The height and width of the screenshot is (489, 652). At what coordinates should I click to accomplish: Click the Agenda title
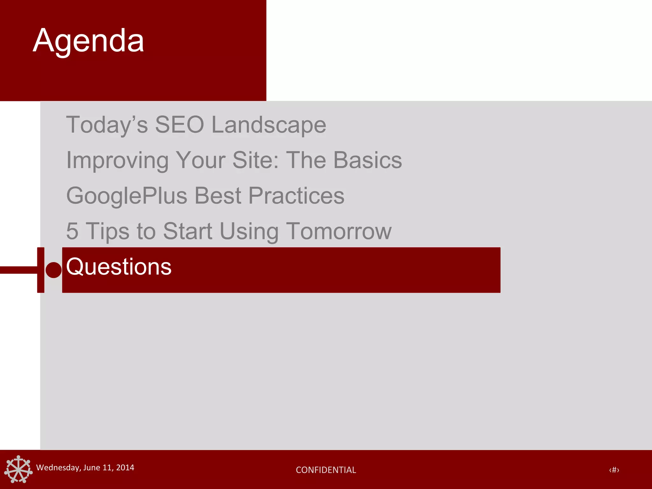(89, 41)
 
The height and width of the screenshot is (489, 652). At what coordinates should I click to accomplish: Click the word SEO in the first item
(179, 124)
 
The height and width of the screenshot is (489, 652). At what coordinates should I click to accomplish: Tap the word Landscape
(269, 125)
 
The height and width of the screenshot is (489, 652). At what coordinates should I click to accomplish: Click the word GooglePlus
(127, 196)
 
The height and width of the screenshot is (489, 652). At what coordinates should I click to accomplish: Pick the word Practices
(296, 196)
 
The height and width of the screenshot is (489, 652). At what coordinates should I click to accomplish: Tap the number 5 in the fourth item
(72, 231)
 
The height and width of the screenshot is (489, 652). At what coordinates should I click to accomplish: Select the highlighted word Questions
(119, 267)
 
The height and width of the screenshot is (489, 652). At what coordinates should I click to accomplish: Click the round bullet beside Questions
(53, 270)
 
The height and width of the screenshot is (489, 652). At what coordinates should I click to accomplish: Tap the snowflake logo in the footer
(18, 469)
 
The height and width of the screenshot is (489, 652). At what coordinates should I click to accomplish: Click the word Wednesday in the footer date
(58, 468)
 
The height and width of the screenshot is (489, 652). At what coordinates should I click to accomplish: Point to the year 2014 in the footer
(125, 468)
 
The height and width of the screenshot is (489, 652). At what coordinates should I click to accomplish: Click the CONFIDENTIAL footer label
(326, 470)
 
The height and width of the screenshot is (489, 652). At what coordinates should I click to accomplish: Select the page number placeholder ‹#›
(614, 470)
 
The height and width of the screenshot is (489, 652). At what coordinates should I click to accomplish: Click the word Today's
(107, 125)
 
